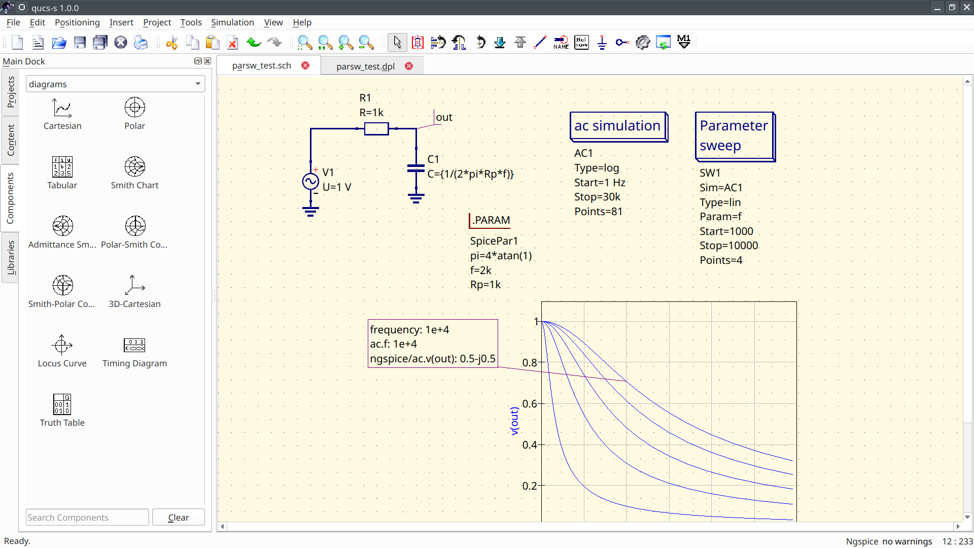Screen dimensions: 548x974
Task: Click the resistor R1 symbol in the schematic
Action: [376, 129]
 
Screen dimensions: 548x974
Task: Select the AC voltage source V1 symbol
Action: [310, 181]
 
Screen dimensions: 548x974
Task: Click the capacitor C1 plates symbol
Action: [416, 168]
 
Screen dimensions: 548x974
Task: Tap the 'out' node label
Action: [444, 117]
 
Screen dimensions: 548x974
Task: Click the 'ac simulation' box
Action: [617, 126]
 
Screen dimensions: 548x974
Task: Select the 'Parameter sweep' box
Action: [734, 136]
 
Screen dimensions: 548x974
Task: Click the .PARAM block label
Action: [491, 221]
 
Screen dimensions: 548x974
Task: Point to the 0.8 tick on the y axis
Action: [530, 363]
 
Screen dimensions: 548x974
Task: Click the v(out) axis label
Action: [514, 421]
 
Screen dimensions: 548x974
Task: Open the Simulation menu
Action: [232, 22]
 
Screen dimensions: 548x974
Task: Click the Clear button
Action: [178, 518]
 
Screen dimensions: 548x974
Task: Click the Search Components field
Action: [87, 518]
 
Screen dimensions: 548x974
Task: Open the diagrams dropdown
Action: [115, 84]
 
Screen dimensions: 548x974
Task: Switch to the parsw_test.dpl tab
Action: [365, 66]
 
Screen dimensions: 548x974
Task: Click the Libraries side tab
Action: [11, 257]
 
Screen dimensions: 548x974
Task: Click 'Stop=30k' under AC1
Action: [597, 197]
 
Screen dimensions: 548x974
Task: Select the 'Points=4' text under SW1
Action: [721, 260]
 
